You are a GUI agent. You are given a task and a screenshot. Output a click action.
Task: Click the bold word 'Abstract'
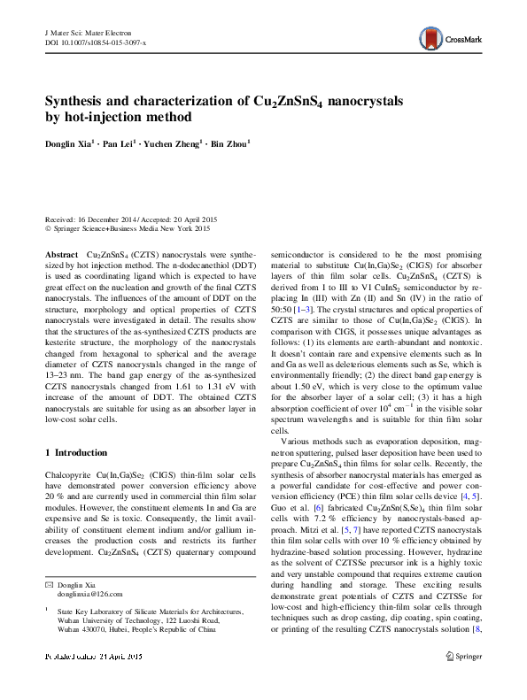click(x=62, y=253)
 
